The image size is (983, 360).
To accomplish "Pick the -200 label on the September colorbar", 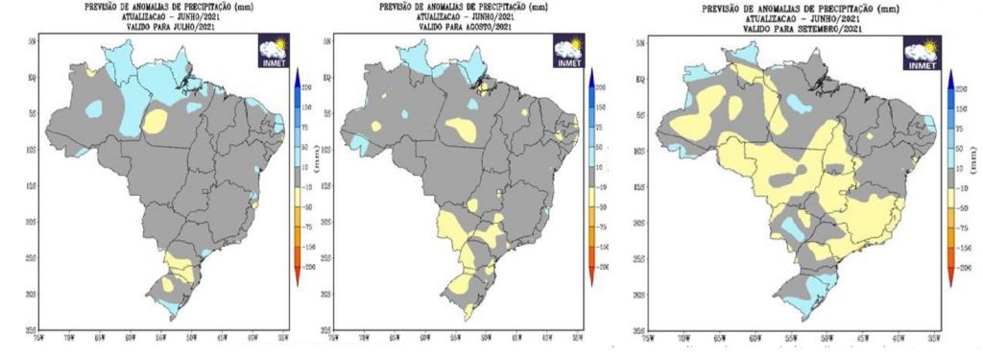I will point(964,270).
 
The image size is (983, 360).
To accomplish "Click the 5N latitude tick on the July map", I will point(33,42).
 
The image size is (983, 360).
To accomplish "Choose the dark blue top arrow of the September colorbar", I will point(949,75).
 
